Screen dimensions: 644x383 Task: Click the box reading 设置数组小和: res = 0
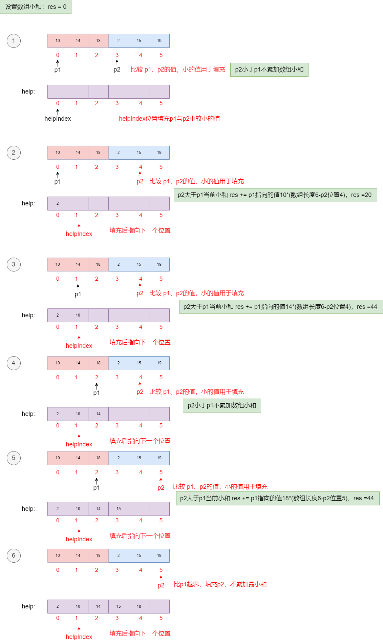(36, 7)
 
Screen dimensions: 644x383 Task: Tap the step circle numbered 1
(14, 41)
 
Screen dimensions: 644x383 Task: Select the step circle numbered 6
(14, 556)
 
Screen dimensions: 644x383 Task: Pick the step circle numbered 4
(14, 363)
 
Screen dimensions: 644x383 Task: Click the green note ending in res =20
(275, 195)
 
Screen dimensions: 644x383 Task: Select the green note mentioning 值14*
(281, 307)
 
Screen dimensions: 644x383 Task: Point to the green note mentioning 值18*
(277, 498)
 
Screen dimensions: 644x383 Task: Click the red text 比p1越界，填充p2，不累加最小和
(220, 584)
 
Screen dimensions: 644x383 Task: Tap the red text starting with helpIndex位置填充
(169, 119)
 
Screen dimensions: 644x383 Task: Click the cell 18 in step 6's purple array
(139, 606)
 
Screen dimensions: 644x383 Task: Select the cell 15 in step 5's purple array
(119, 509)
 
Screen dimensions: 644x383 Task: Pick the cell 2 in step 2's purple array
(58, 203)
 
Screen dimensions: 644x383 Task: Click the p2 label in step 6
(161, 585)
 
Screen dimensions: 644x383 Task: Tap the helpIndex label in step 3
(79, 346)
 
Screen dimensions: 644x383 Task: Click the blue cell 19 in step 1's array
(159, 41)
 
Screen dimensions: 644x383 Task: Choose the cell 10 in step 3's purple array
(78, 315)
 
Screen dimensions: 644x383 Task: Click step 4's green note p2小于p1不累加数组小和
(222, 405)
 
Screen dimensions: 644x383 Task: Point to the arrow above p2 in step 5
(161, 481)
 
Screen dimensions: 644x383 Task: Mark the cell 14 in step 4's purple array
(98, 414)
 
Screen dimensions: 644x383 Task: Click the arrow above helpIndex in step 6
(79, 630)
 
